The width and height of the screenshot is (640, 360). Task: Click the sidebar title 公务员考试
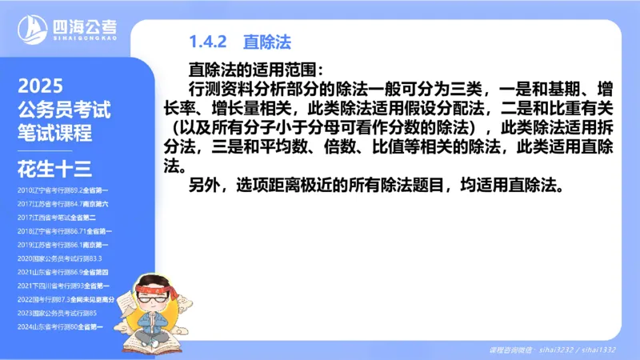(63, 110)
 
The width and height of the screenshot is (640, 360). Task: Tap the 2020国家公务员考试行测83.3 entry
(59, 258)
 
